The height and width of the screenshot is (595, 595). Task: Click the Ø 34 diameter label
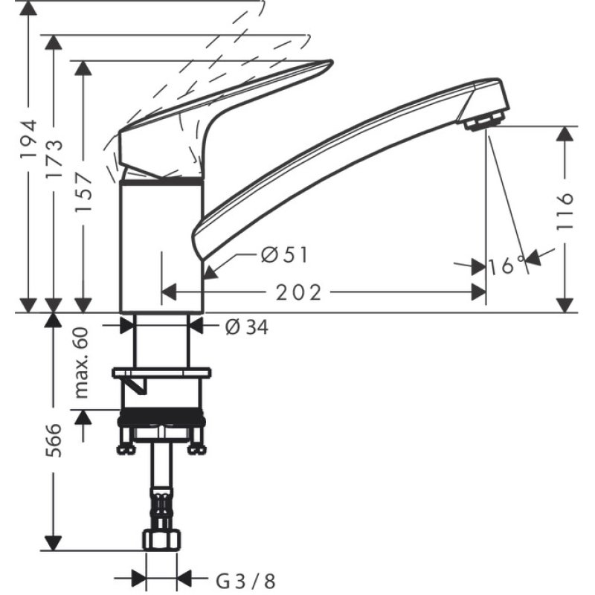(x=245, y=326)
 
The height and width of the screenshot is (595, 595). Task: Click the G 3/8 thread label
(x=239, y=577)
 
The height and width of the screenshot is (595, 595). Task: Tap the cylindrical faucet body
(x=161, y=245)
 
